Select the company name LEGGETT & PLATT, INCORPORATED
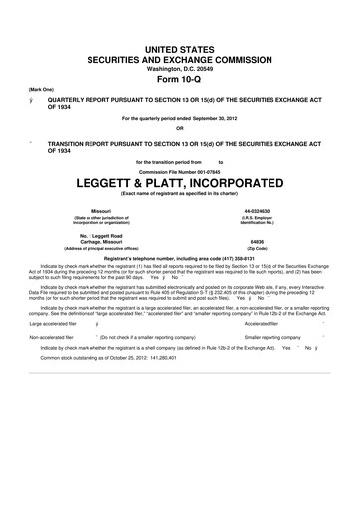[179, 183]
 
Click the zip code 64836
[255, 241]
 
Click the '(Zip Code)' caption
[255, 248]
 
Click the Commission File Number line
[179, 169]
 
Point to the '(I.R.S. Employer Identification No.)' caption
[255, 221]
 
